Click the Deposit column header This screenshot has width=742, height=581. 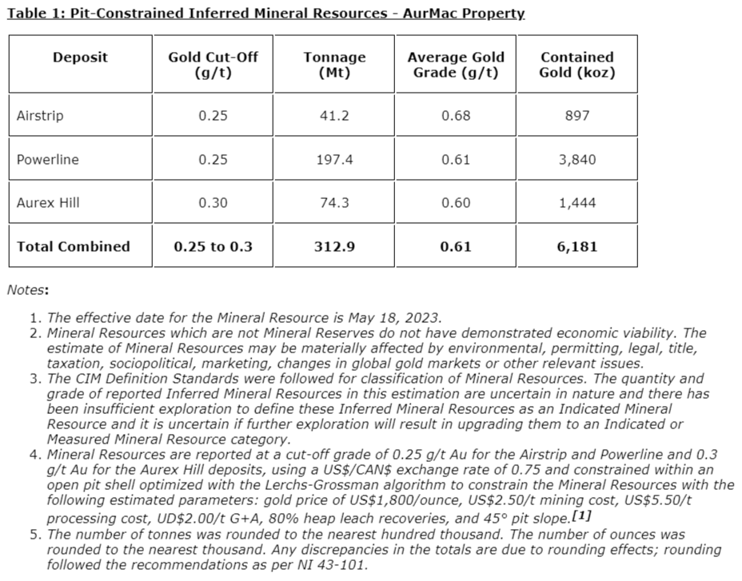tap(80, 58)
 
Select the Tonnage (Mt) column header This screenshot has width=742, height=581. tap(334, 65)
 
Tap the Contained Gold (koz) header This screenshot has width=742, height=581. tap(576, 65)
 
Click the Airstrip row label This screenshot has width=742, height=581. tap(40, 116)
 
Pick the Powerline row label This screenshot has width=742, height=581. tap(48, 160)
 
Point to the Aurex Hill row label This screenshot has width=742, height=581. tap(49, 203)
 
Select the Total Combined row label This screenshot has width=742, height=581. tap(73, 246)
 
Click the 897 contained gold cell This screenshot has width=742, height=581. tap(576, 116)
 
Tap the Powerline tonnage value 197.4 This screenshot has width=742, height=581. tap(334, 160)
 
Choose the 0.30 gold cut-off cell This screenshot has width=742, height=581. tap(213, 203)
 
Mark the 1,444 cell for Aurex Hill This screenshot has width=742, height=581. tap(576, 203)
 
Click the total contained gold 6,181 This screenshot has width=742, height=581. tap(576, 246)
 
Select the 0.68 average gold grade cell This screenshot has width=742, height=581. tap(456, 116)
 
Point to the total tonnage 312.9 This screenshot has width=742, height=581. tap(334, 246)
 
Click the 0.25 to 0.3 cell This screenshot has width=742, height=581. tap(213, 246)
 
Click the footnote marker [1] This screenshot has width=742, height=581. tap(580, 515)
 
